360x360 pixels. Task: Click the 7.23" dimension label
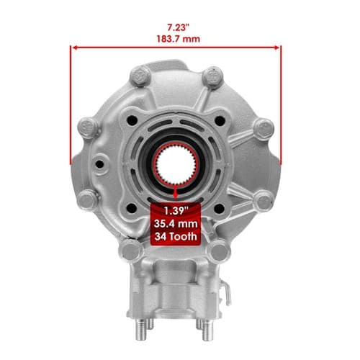click(x=179, y=27)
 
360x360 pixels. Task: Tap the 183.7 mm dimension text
click(x=179, y=39)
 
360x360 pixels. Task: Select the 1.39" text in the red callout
click(x=176, y=211)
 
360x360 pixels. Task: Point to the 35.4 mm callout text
click(x=176, y=224)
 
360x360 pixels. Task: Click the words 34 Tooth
click(x=176, y=237)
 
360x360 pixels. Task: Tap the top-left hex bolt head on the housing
click(x=140, y=76)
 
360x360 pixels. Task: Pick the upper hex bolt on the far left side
click(x=89, y=127)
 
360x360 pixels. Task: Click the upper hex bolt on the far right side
click(x=264, y=128)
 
